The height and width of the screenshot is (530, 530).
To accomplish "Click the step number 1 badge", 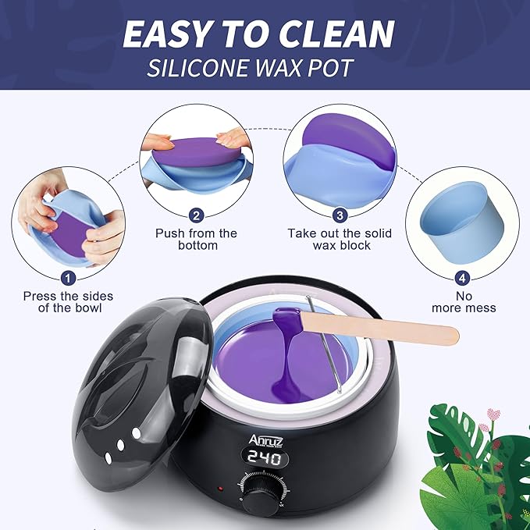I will [67, 276].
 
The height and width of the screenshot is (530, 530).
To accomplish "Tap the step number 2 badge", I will [197, 215].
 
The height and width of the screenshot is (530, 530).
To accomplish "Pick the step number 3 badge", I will [339, 215].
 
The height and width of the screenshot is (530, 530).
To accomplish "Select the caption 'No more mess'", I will [464, 302].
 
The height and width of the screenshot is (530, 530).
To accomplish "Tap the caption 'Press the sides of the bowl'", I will [68, 302].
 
